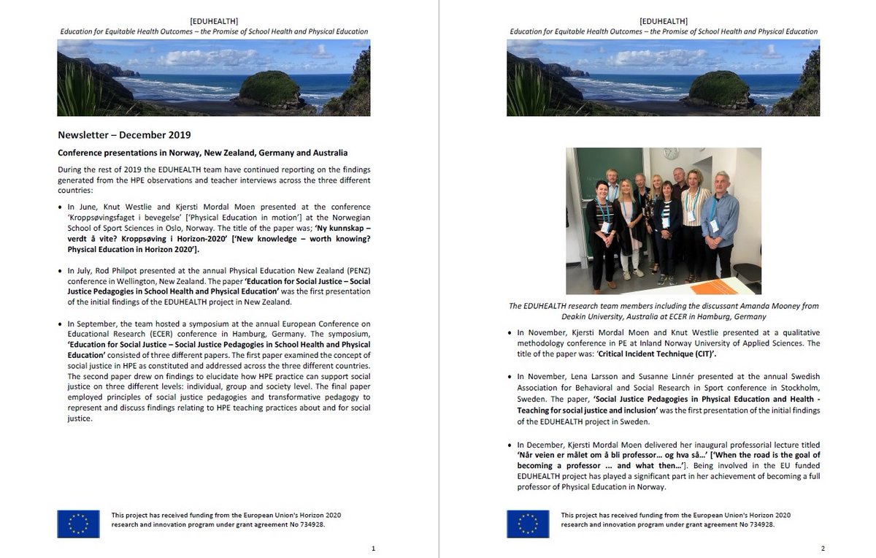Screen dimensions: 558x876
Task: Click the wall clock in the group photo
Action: click(x=670, y=154)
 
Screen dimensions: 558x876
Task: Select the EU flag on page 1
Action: click(x=78, y=524)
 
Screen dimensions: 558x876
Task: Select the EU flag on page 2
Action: click(x=528, y=524)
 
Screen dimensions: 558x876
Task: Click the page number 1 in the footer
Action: click(x=373, y=549)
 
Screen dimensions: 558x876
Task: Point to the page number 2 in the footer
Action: click(x=823, y=549)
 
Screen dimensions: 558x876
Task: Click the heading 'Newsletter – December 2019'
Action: click(x=124, y=135)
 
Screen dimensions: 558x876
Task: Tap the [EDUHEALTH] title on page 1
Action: click(x=214, y=21)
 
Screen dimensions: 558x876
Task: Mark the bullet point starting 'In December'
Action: click(x=512, y=445)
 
